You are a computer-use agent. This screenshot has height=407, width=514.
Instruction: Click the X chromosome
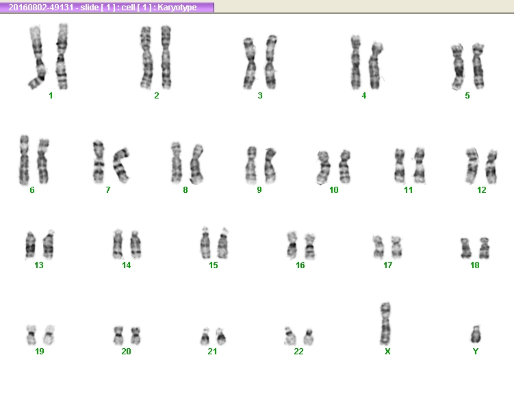click(385, 324)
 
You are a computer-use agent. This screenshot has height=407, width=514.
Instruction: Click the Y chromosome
click(475, 334)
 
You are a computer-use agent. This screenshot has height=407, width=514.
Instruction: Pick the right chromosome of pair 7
click(121, 166)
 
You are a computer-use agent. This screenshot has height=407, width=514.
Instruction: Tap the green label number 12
click(482, 190)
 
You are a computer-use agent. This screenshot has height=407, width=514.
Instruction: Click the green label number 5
click(467, 96)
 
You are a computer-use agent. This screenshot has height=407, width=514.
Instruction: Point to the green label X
click(387, 352)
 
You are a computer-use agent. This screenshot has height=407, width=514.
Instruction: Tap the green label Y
click(476, 352)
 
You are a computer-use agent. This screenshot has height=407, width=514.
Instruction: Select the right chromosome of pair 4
click(375, 66)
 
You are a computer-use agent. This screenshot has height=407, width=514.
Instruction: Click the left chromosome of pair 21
click(205, 337)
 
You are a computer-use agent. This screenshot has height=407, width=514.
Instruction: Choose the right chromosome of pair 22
click(308, 337)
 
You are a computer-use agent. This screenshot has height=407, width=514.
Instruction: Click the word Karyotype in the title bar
click(177, 8)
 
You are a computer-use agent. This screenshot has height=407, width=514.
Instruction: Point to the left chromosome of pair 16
click(292, 244)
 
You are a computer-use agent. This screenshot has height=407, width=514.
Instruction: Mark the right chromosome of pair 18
click(484, 248)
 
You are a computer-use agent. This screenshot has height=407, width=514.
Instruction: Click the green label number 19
click(39, 352)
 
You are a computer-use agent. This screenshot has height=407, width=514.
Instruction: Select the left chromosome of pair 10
click(323, 167)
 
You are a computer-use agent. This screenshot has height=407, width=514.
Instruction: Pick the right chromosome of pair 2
click(166, 57)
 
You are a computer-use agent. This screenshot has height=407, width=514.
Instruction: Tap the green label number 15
click(214, 265)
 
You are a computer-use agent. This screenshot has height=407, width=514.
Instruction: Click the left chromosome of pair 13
click(30, 245)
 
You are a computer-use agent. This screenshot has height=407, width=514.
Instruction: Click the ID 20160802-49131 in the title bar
click(41, 8)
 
